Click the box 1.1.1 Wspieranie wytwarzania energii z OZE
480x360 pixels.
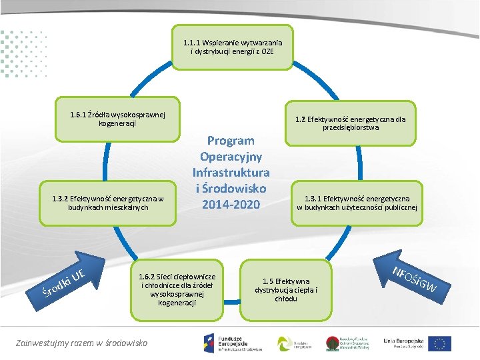(x=232, y=47)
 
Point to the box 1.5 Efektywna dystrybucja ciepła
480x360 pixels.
(x=286, y=289)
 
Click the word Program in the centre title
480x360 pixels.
(x=231, y=141)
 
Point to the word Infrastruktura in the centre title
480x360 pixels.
(x=231, y=172)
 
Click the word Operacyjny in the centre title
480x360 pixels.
(x=231, y=157)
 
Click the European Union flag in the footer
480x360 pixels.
(x=439, y=343)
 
